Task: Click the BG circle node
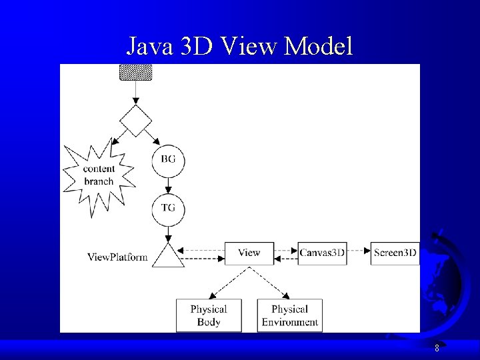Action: [x=168, y=161]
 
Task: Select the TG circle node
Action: [x=168, y=209]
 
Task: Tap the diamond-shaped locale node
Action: [x=135, y=121]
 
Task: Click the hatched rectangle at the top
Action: [x=135, y=72]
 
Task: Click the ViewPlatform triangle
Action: [x=168, y=256]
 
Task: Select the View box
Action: [x=249, y=253]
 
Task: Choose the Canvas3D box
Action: [x=322, y=253]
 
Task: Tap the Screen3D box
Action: [x=395, y=253]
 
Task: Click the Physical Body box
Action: [x=208, y=315]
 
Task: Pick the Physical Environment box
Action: [x=289, y=315]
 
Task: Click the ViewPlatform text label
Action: [x=117, y=257]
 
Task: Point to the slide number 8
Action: [x=437, y=348]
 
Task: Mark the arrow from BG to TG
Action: [x=168, y=185]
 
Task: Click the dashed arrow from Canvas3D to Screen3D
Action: [x=359, y=251]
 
